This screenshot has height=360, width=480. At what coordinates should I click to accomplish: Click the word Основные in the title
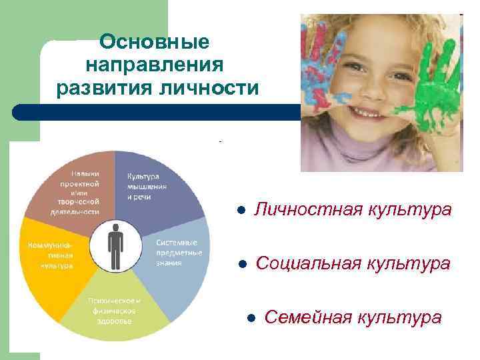[154, 42]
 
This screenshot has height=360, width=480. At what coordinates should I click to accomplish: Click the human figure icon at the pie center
[115, 246]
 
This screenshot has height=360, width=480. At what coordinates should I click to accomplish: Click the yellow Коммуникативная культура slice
[53, 257]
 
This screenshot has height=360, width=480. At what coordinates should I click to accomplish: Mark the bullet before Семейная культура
[250, 317]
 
